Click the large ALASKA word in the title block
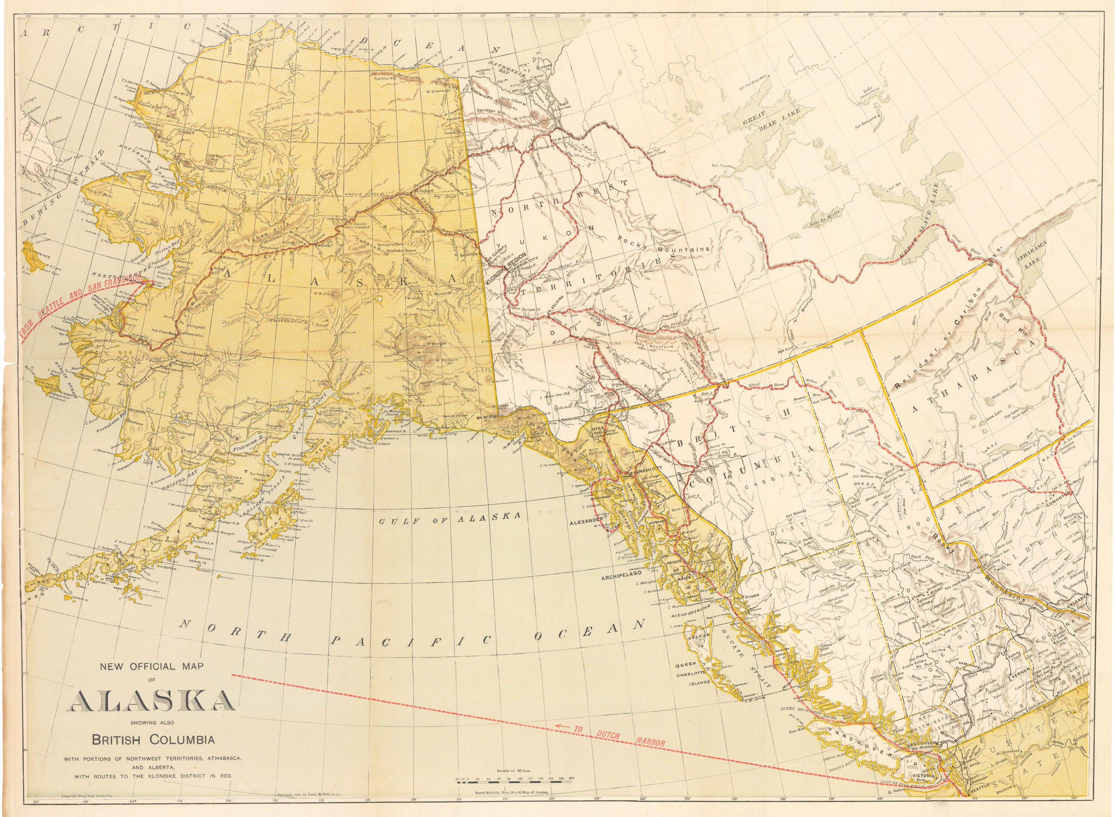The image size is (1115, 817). click(150, 700)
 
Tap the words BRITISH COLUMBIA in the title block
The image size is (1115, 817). click(153, 740)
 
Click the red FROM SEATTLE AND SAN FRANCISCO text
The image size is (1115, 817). click(74, 305)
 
